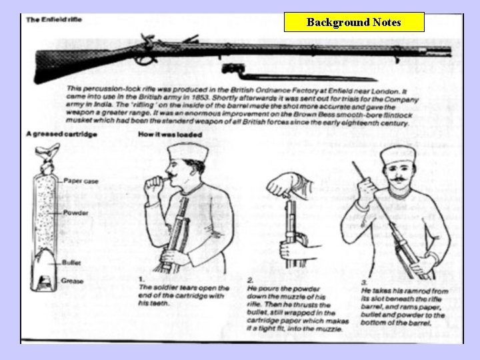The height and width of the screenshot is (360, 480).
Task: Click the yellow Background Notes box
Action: tap(353, 22)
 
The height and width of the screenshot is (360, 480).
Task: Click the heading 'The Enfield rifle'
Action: tap(54, 20)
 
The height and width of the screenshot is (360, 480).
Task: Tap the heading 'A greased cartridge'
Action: tap(61, 135)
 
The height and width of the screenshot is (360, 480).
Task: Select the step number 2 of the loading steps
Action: tap(249, 279)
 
